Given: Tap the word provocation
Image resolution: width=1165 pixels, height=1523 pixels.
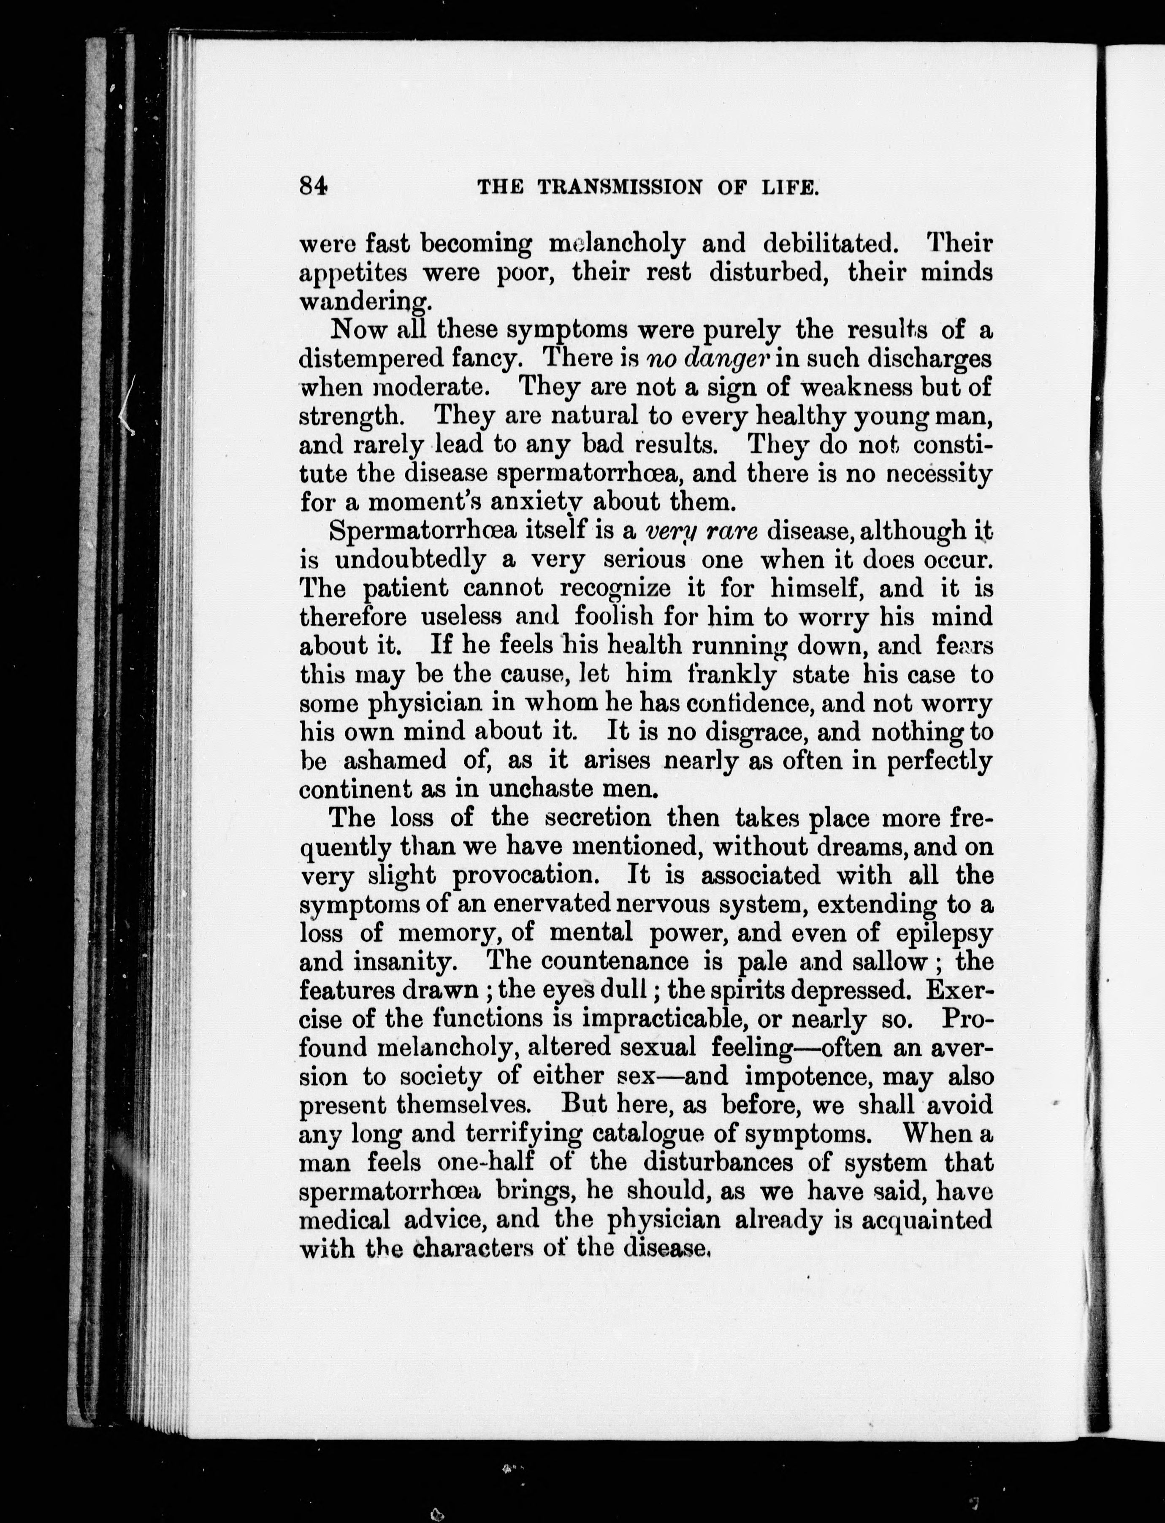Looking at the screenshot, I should pos(525,876).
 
